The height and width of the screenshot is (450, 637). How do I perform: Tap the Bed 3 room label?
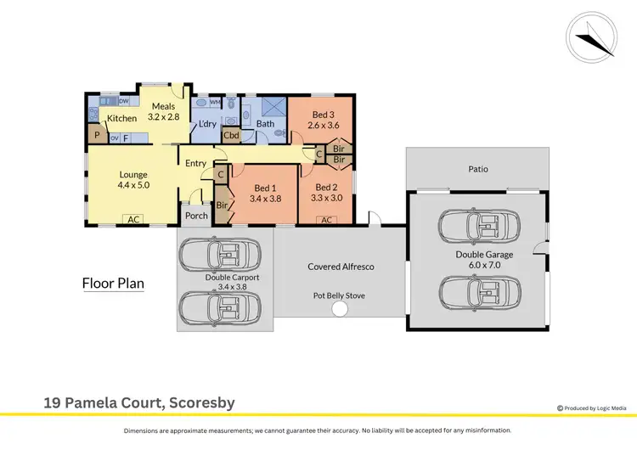[321, 114]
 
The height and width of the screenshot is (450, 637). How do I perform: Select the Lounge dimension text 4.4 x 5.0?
[133, 184]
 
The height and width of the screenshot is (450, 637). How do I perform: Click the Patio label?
[478, 169]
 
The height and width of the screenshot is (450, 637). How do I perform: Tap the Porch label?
[196, 216]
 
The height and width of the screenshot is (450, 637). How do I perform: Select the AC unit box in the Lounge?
[133, 220]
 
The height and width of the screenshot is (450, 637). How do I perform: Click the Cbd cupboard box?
[231, 134]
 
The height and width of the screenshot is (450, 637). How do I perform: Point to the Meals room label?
[164, 106]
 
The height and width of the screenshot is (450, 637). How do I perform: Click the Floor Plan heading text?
[112, 284]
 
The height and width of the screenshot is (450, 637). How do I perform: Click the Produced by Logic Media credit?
[595, 409]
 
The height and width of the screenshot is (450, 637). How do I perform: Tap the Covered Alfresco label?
[341, 267]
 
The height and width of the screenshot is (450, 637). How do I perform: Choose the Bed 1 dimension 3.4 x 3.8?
[264, 199]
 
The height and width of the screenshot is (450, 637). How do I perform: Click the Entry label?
[196, 163]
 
